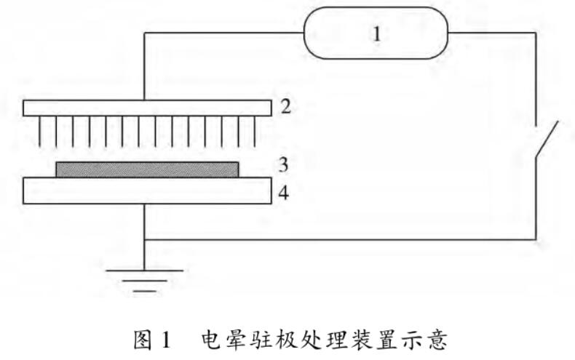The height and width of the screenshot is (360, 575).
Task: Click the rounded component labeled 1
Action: point(376,33)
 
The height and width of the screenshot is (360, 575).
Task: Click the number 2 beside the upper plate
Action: point(285,108)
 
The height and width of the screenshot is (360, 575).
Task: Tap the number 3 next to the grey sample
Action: point(285,164)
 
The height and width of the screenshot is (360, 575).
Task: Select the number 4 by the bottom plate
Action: point(285,193)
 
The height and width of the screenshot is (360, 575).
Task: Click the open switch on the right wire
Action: point(544,140)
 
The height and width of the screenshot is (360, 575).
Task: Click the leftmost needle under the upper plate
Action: point(39,131)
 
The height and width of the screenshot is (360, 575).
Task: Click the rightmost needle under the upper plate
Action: point(255,131)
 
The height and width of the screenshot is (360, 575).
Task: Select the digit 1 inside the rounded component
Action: point(376,33)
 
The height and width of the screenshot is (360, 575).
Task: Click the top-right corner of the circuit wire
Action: point(538,33)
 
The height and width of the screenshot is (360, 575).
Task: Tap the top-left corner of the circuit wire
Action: point(146,33)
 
